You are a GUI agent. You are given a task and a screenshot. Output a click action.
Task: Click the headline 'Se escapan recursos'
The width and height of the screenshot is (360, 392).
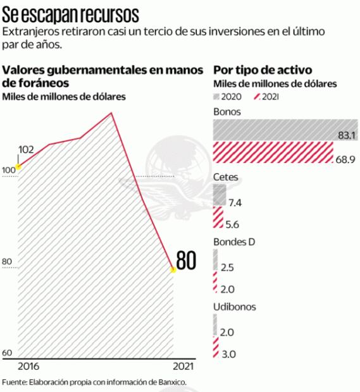pyautogui.click(x=71, y=15)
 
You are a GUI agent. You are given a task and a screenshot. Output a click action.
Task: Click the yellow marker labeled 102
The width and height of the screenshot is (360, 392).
pyautogui.click(x=18, y=167)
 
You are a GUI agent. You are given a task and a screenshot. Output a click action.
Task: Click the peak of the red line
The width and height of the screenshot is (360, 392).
pyautogui.click(x=111, y=113)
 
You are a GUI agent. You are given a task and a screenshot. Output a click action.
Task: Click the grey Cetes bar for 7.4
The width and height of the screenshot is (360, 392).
pyautogui.click(x=220, y=197)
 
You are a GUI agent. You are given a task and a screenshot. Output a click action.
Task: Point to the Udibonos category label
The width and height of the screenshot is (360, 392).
pyautogui.click(x=235, y=307)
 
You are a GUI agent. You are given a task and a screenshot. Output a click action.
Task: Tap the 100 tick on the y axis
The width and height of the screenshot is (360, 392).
pyautogui.click(x=8, y=170)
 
